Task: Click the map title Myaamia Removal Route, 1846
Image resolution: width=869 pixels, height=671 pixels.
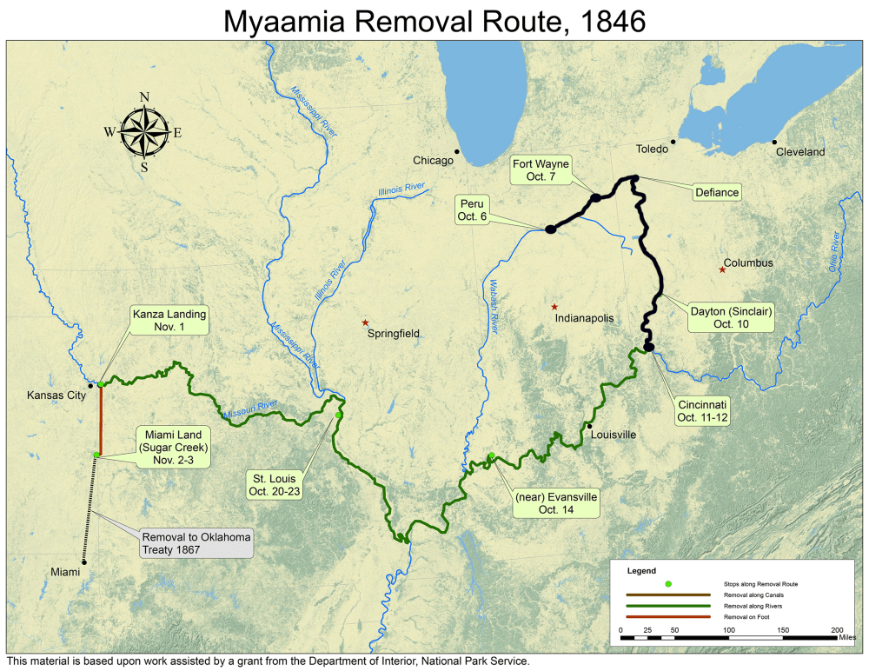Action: [434, 21]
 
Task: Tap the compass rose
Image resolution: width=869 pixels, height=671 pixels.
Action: [144, 132]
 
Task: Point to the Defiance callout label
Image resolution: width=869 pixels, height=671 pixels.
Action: [717, 192]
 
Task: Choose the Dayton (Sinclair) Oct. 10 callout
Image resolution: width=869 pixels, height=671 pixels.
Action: [731, 316]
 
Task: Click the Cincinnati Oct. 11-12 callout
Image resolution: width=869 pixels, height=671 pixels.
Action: [702, 411]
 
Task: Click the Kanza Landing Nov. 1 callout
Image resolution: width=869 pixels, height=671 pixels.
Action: [169, 322]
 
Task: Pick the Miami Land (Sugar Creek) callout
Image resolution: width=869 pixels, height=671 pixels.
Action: [169, 447]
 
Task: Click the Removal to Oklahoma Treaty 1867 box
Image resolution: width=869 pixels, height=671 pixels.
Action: [196, 543]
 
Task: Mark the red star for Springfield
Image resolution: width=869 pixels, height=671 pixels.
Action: [366, 322]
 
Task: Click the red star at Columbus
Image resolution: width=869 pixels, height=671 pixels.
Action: [722, 269]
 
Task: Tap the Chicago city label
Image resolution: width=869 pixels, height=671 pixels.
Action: [433, 161]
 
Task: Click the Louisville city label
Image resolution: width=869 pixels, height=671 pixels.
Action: [614, 435]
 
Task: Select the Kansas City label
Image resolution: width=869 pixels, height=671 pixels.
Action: [56, 395]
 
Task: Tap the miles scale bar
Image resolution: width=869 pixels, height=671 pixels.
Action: [730, 637]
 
